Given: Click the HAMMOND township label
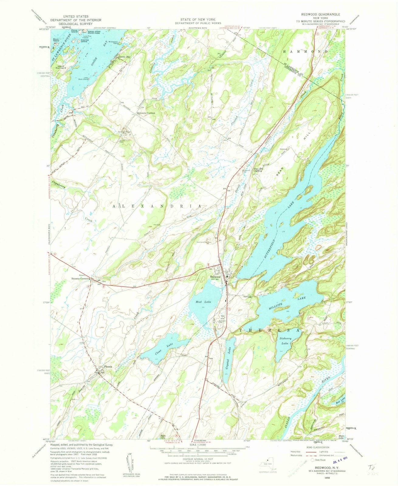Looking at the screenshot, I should point(306,52).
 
